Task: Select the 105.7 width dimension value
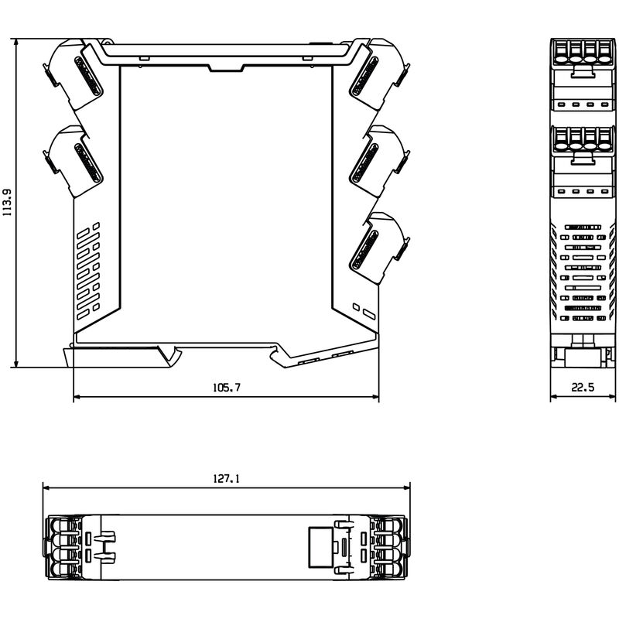point(226,388)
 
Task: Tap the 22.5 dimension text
point(583,388)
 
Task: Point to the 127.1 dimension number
point(226,479)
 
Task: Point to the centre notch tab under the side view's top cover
point(226,69)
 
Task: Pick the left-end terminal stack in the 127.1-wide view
point(66,545)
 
